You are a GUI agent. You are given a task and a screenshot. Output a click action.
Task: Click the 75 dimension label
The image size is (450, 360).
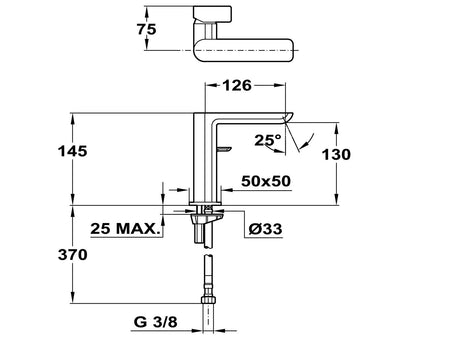click(x=146, y=29)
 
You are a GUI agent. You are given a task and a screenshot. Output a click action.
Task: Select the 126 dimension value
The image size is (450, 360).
click(x=237, y=86)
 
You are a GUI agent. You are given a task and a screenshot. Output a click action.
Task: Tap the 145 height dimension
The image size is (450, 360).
click(x=73, y=151)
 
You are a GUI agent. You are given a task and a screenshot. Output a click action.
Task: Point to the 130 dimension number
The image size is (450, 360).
click(x=336, y=154)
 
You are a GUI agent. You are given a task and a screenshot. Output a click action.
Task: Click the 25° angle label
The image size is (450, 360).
click(x=268, y=140)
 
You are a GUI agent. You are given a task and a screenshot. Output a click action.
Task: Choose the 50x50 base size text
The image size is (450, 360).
click(x=266, y=181)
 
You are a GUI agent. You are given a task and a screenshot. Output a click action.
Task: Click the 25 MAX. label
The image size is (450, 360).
click(x=124, y=229)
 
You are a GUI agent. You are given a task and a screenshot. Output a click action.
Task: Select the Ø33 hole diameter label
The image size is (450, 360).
click(x=265, y=229)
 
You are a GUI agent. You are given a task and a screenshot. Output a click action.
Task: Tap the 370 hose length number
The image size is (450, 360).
click(x=73, y=255)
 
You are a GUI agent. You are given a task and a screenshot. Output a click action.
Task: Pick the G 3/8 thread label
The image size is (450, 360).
click(x=156, y=322)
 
